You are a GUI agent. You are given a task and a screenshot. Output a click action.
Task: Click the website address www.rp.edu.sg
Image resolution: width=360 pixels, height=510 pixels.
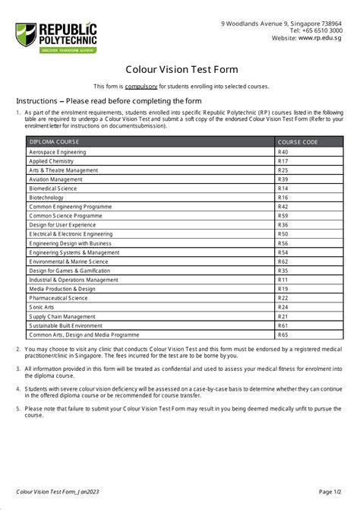pyautogui.click(x=320, y=36)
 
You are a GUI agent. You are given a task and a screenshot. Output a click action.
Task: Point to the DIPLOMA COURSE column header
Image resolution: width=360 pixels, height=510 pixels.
pyautogui.click(x=55, y=142)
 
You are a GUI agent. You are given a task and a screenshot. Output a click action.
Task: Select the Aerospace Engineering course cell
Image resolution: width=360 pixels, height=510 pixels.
pyautogui.click(x=58, y=152)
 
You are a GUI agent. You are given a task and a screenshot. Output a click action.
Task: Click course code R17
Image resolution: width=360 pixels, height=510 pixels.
pyautogui.click(x=283, y=161)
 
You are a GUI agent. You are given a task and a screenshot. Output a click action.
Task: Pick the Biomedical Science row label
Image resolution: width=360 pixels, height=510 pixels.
pyautogui.click(x=53, y=188)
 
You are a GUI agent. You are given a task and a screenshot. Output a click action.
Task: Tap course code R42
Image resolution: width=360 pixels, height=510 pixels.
pyautogui.click(x=283, y=207)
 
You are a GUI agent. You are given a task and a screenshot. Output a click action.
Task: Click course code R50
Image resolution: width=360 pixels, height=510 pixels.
pyautogui.click(x=283, y=234)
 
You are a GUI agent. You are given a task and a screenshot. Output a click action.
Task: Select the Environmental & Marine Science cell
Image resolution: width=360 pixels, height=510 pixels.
pyautogui.click(x=68, y=261)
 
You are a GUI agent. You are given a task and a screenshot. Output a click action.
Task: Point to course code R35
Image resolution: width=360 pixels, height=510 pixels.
pyautogui.click(x=283, y=271)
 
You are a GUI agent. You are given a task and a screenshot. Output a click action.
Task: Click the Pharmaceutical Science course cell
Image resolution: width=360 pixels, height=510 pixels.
pyautogui.click(x=58, y=298)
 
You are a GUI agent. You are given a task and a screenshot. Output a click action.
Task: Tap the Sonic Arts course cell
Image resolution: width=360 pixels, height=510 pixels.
pyautogui.click(x=43, y=307)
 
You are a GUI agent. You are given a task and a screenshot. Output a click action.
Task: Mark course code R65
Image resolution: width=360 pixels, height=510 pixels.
pyautogui.click(x=283, y=334)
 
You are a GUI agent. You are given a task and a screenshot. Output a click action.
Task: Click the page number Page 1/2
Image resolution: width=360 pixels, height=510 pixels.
pyautogui.click(x=330, y=492)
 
